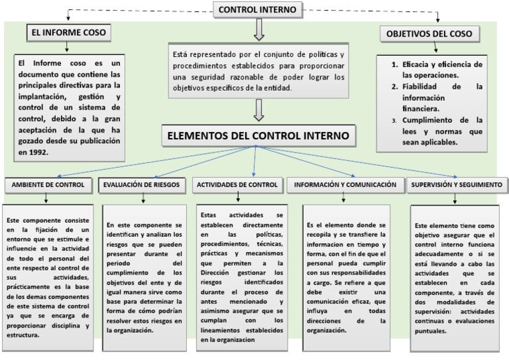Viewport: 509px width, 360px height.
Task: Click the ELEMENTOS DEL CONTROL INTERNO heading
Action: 258,137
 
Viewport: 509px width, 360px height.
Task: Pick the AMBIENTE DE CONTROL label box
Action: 46,185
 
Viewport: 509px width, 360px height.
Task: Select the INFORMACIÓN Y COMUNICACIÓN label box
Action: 345,185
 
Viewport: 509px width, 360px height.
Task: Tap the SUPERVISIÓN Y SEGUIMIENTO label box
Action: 455,185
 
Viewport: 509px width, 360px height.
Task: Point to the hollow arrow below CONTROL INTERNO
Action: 258,29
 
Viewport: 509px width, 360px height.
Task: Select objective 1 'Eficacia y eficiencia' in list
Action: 437,71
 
